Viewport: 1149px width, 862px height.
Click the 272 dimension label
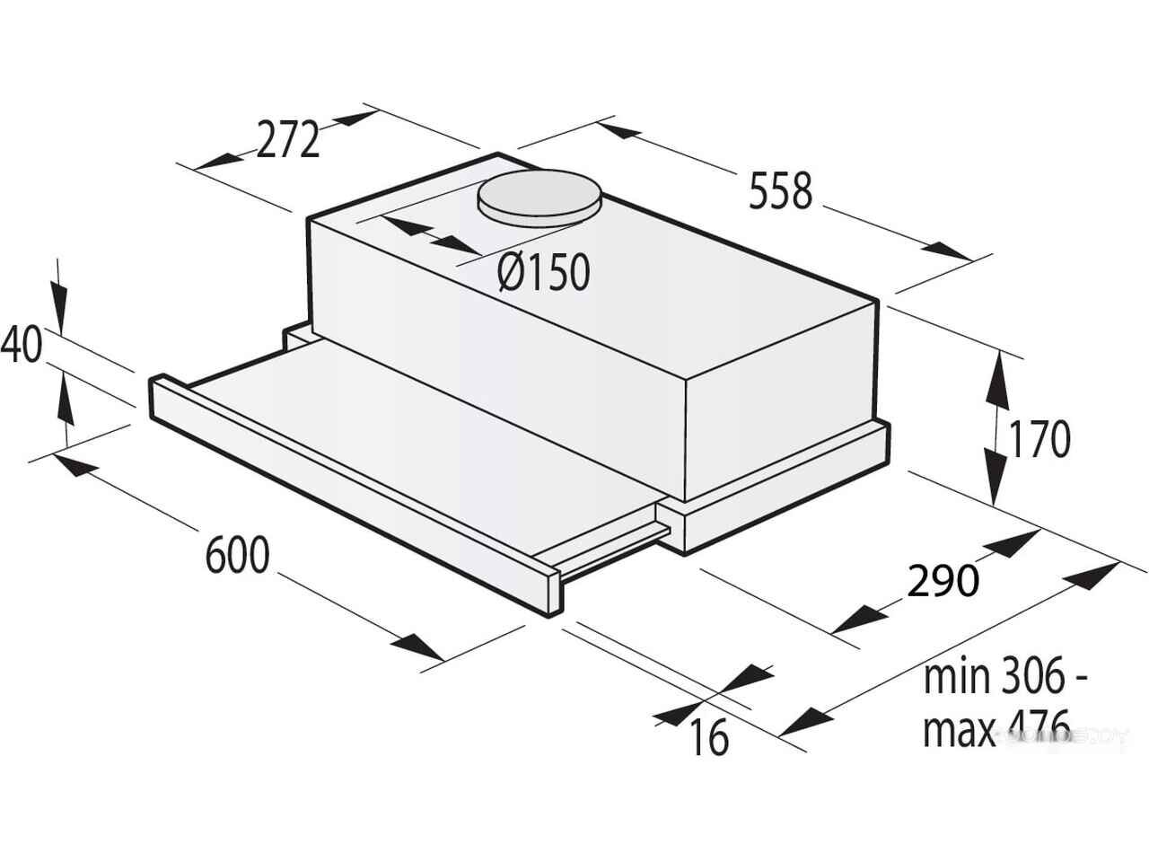tap(288, 140)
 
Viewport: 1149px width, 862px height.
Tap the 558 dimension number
tap(780, 191)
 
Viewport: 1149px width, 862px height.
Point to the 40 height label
tap(22, 344)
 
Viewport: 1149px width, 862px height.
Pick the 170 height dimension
tap(1039, 439)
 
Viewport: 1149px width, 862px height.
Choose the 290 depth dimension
tap(942, 581)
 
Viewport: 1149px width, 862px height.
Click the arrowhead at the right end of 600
tap(419, 648)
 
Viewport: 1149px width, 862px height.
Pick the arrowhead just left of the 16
tap(671, 714)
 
